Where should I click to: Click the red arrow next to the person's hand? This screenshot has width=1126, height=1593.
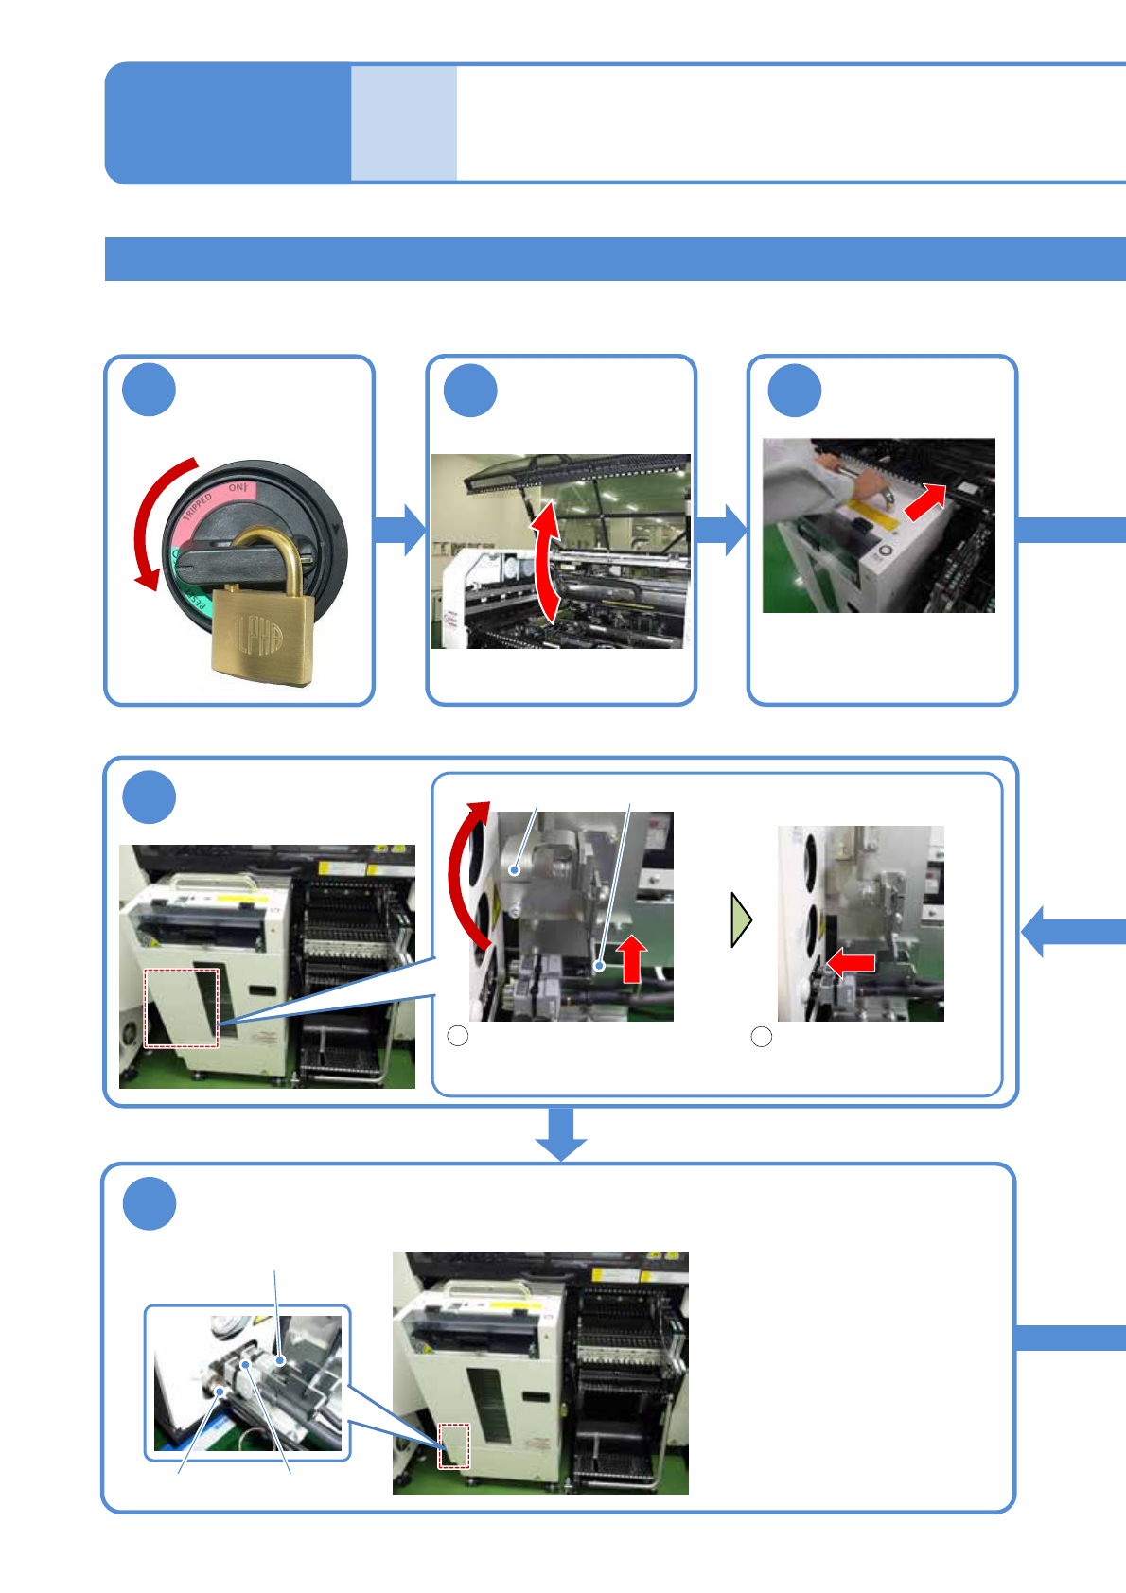[925, 502]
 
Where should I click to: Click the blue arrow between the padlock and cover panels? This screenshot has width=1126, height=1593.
[400, 530]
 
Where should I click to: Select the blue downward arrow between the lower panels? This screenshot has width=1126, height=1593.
[561, 1133]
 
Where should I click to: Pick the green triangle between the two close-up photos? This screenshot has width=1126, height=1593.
[741, 919]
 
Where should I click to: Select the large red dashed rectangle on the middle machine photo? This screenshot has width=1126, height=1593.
[181, 1007]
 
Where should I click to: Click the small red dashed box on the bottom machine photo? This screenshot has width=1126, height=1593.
[453, 1446]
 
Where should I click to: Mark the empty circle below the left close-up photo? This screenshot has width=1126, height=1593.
[458, 1036]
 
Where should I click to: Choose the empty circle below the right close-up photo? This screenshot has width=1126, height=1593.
[762, 1037]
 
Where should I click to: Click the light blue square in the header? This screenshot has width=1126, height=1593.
[404, 123]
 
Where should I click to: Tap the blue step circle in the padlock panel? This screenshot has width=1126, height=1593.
[150, 390]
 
